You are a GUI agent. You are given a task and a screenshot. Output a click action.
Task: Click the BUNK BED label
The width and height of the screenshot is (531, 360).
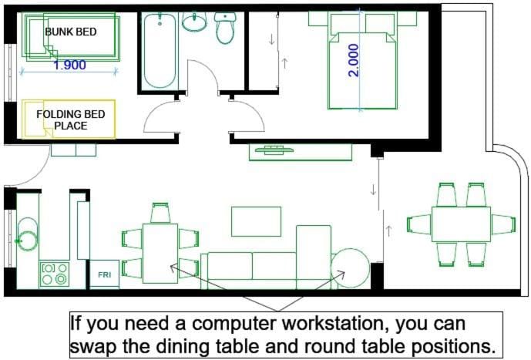click(69, 32)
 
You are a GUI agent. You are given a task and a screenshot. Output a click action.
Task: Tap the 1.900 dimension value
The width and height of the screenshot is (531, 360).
click(69, 66)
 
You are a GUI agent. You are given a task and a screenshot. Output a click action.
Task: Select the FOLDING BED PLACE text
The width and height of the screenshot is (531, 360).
click(71, 119)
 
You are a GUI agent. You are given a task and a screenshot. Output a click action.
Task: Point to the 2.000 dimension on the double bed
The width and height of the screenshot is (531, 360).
click(354, 60)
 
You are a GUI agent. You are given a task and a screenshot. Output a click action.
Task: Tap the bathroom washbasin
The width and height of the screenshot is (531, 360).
click(195, 22)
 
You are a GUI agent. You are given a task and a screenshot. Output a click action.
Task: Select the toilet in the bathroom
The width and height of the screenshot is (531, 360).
click(226, 29)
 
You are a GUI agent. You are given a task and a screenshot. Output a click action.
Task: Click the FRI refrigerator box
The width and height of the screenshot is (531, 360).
click(103, 274)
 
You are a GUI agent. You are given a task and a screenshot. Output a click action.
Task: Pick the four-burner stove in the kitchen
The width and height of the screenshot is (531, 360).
click(54, 274)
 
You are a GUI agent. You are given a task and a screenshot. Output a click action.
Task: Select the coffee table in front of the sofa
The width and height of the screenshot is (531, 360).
click(256, 221)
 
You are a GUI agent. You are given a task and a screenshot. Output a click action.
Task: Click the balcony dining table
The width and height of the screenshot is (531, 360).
click(461, 224)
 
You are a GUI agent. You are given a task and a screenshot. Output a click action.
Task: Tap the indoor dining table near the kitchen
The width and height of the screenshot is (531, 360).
click(160, 253)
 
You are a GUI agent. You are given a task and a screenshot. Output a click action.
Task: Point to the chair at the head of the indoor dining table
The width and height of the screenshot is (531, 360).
click(160, 213)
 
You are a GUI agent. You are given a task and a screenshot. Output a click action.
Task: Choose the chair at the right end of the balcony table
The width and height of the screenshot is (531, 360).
click(503, 224)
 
